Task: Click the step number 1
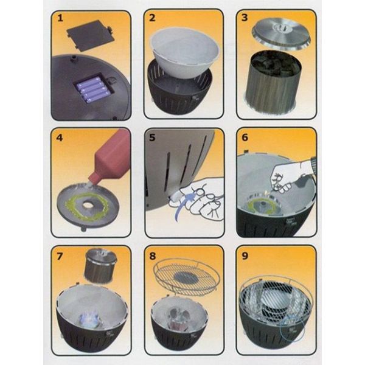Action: pos(60,18)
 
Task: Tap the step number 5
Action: pos(152,137)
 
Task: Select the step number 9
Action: pos(245,256)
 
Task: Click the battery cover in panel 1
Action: pos(91,35)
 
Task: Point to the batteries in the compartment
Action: pos(92,90)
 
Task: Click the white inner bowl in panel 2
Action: pos(185,52)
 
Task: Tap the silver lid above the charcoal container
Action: pos(281,35)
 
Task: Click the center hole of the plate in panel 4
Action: pos(88,205)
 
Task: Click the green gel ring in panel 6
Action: pos(254,204)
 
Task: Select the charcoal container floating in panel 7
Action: pos(100,266)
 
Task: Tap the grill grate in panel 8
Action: pos(187,276)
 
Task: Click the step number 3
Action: pos(245,18)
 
